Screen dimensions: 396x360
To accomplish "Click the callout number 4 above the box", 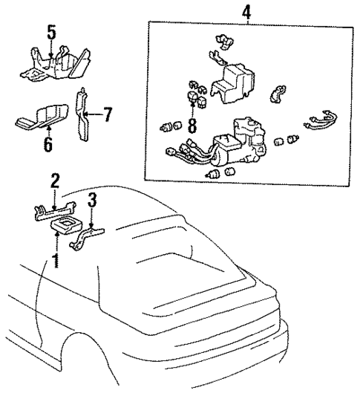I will point(246,11).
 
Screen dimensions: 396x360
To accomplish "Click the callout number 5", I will point(50,33).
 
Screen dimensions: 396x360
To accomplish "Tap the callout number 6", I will point(48,143).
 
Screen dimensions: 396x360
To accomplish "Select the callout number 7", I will point(108,115).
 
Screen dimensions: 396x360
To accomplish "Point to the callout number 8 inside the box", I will point(192,124).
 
